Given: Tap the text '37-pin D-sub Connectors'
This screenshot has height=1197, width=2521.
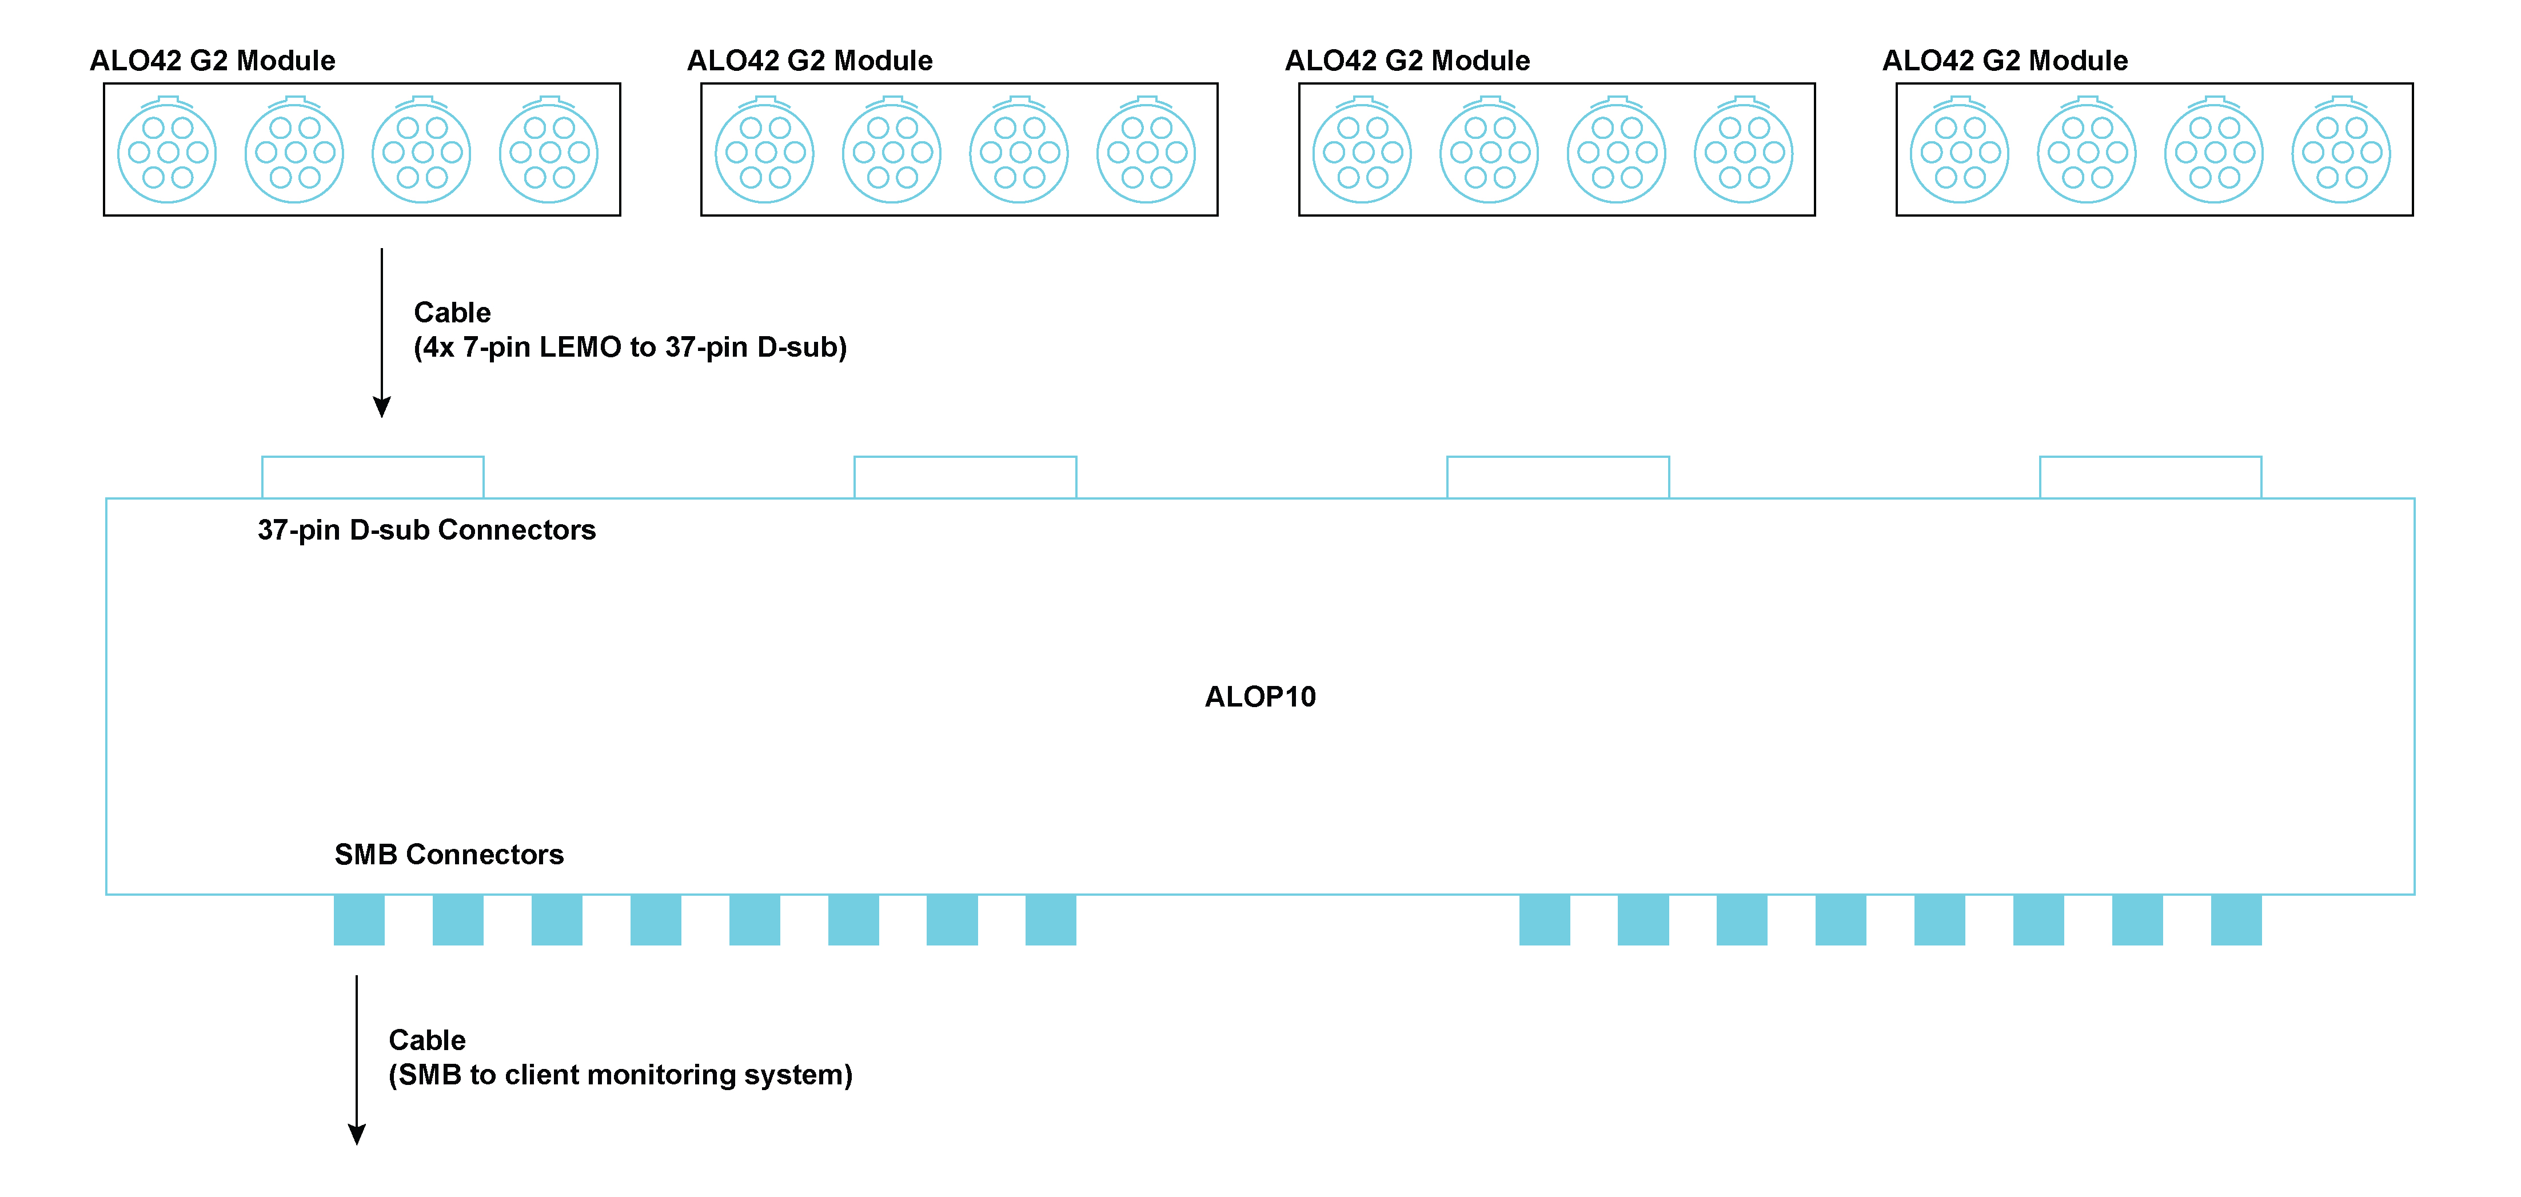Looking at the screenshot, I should (x=426, y=529).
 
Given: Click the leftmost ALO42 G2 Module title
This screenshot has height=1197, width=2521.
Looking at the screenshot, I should (x=212, y=61).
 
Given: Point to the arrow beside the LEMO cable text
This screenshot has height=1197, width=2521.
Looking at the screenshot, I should (x=382, y=333).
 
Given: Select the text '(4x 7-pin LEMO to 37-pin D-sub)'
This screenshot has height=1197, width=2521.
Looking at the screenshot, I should (x=629, y=348).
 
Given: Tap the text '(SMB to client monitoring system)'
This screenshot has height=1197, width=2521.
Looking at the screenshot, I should (x=620, y=1075).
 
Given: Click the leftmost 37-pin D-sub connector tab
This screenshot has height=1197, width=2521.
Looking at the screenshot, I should (x=373, y=477).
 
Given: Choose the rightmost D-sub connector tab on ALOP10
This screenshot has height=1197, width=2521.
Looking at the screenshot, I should (x=2150, y=477).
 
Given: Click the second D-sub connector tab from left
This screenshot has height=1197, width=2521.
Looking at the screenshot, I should (x=965, y=477).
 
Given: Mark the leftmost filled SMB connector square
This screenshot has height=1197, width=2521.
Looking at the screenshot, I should (x=359, y=920).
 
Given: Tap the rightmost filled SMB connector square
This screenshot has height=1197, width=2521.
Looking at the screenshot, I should (x=2236, y=920).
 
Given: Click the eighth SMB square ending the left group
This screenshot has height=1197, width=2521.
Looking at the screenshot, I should (x=1051, y=920).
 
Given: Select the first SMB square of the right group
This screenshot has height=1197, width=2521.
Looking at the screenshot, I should (x=1544, y=920).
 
